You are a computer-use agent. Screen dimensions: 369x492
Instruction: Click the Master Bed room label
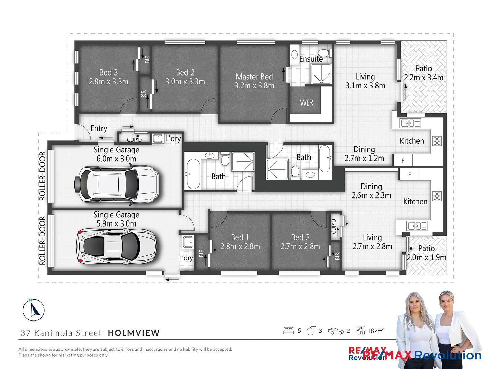[x=254, y=81]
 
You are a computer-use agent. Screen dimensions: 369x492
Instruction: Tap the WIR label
[x=306, y=103]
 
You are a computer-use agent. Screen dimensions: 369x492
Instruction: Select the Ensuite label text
[x=311, y=59]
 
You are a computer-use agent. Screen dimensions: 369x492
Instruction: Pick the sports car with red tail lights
[x=116, y=245]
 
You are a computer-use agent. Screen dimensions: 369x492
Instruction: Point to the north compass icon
[x=33, y=310]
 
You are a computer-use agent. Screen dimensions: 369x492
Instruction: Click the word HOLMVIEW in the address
[x=134, y=333]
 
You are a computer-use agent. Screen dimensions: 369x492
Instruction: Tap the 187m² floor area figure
[x=375, y=331]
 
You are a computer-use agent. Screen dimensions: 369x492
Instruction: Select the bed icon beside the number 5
[x=288, y=330]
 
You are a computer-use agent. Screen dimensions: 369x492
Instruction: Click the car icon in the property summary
[x=336, y=331]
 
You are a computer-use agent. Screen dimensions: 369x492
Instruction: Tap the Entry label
[x=99, y=128]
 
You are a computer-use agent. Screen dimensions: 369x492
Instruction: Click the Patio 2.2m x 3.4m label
[x=424, y=73]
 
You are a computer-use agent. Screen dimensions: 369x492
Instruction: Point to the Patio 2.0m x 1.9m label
[x=426, y=253]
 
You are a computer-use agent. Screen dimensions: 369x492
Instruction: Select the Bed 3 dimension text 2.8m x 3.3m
[x=109, y=82]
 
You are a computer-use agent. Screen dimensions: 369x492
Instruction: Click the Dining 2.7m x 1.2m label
[x=364, y=154]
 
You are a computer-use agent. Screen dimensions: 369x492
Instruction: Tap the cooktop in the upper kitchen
[x=437, y=141]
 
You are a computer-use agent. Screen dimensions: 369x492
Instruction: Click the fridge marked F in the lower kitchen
[x=409, y=175]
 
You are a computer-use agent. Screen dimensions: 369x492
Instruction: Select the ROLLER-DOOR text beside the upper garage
[x=42, y=176]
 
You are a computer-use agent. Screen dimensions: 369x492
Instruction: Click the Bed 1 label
[x=240, y=237]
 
